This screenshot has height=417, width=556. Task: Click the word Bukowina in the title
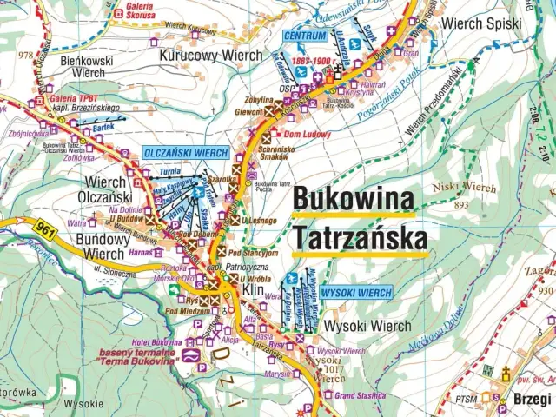click(x=353, y=198)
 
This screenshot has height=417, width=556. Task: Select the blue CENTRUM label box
click(x=306, y=36)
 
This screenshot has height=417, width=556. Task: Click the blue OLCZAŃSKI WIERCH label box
click(x=186, y=153)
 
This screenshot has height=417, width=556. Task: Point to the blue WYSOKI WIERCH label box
click(x=356, y=293)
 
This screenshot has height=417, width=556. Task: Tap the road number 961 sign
click(x=47, y=229)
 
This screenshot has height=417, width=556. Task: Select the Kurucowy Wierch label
click(x=211, y=55)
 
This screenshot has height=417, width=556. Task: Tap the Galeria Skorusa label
click(x=135, y=11)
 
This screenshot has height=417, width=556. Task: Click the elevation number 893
click(x=461, y=204)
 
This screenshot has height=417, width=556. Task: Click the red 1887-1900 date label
click(x=312, y=62)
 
